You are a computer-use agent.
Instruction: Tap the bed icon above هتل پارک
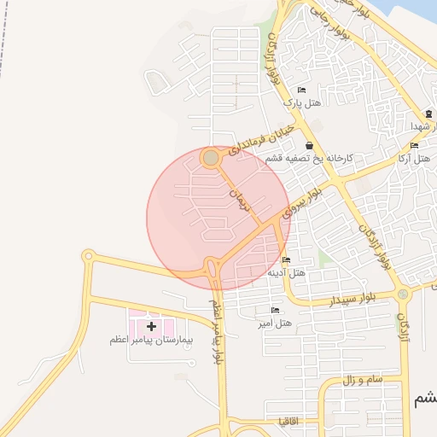300,90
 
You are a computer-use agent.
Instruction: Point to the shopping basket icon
308,147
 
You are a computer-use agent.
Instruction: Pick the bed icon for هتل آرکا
414,146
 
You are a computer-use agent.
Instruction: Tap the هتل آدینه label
287,273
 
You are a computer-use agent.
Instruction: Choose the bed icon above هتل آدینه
285,260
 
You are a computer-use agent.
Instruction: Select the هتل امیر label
275,323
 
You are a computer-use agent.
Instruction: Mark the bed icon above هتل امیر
274,311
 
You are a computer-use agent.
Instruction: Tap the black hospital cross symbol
151,326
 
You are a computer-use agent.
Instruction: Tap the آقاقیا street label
288,421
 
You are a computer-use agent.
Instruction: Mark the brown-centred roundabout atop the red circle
211,158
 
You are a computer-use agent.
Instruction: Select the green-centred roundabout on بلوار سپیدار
403,294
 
